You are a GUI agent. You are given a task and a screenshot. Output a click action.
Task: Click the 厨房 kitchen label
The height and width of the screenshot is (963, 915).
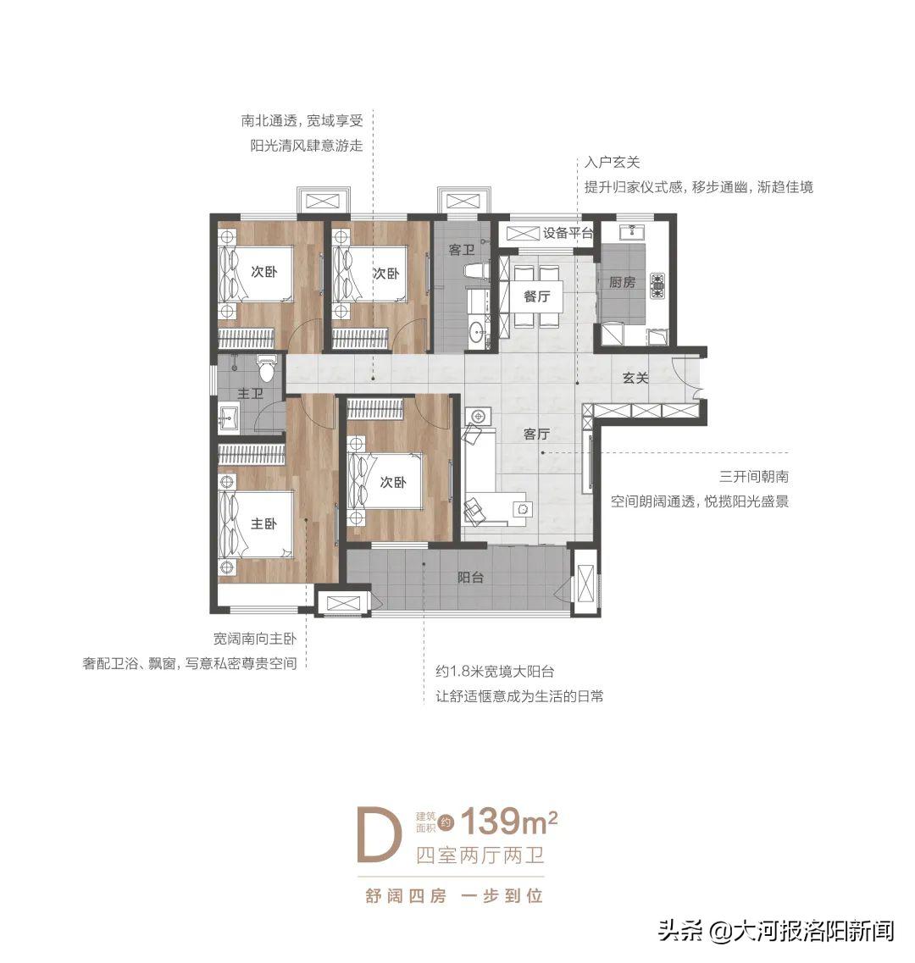(623, 282)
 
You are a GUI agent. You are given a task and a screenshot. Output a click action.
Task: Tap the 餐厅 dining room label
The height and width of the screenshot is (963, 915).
(537, 296)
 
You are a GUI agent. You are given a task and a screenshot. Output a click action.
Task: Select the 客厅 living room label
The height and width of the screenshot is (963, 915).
(536, 434)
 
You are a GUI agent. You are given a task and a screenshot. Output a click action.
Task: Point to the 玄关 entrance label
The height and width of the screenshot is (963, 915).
(635, 378)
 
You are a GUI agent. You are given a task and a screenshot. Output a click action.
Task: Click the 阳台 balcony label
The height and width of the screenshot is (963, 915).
(470, 578)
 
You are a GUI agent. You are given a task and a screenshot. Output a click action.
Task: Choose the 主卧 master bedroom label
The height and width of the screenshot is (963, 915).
(263, 524)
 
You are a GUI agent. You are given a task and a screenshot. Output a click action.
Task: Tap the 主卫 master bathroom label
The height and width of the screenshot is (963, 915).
(249, 394)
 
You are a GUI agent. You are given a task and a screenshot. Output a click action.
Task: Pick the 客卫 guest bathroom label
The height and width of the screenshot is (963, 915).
(461, 250)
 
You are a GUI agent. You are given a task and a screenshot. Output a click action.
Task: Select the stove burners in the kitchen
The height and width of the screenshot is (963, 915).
(657, 285)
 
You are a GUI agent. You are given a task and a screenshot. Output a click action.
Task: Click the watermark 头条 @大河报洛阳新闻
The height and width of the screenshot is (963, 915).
(775, 933)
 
